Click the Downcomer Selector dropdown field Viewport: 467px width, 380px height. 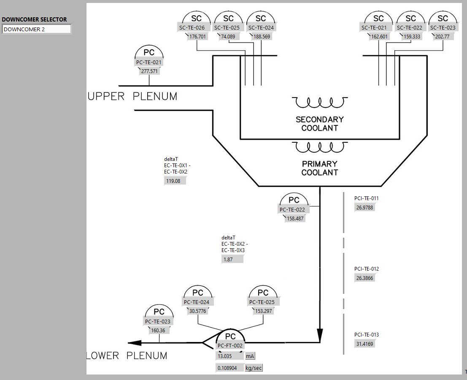(x=37, y=29)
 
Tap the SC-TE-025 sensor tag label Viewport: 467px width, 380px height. (x=228, y=28)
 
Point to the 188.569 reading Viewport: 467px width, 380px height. (x=261, y=36)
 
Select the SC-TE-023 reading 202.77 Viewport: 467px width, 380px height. (x=442, y=36)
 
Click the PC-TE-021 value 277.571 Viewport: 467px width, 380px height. (x=149, y=71)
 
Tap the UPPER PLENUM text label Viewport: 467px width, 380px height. (x=132, y=96)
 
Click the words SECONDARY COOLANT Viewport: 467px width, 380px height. (x=320, y=124)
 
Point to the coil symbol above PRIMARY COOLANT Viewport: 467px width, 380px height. (x=320, y=147)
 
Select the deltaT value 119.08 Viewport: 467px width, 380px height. (x=174, y=181)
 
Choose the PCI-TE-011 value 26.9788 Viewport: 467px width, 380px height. (x=365, y=207)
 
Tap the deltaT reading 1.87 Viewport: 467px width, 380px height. (x=232, y=259)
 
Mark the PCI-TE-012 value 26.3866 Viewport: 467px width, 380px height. (x=365, y=278)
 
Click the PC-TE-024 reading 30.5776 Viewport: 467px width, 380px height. (x=197, y=311)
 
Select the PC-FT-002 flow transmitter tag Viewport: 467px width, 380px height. (x=230, y=345)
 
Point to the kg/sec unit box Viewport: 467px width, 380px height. (x=254, y=368)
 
